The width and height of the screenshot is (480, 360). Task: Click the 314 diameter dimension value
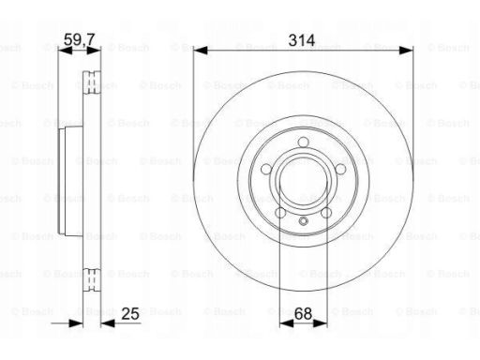tap(302, 40)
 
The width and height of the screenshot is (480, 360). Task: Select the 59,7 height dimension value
tap(79, 39)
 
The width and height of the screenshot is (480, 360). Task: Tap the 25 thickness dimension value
tap(130, 314)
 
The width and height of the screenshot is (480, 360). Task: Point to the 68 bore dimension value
tap(303, 313)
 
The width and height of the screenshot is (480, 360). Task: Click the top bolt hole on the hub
tap(303, 142)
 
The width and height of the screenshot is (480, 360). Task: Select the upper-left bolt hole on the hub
tap(266, 169)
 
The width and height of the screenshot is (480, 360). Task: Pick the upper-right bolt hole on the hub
tap(340, 169)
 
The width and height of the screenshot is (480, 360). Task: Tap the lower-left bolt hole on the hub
tap(280, 213)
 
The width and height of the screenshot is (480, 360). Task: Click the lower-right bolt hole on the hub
tap(326, 213)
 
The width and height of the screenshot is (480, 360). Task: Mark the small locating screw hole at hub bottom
tap(303, 221)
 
